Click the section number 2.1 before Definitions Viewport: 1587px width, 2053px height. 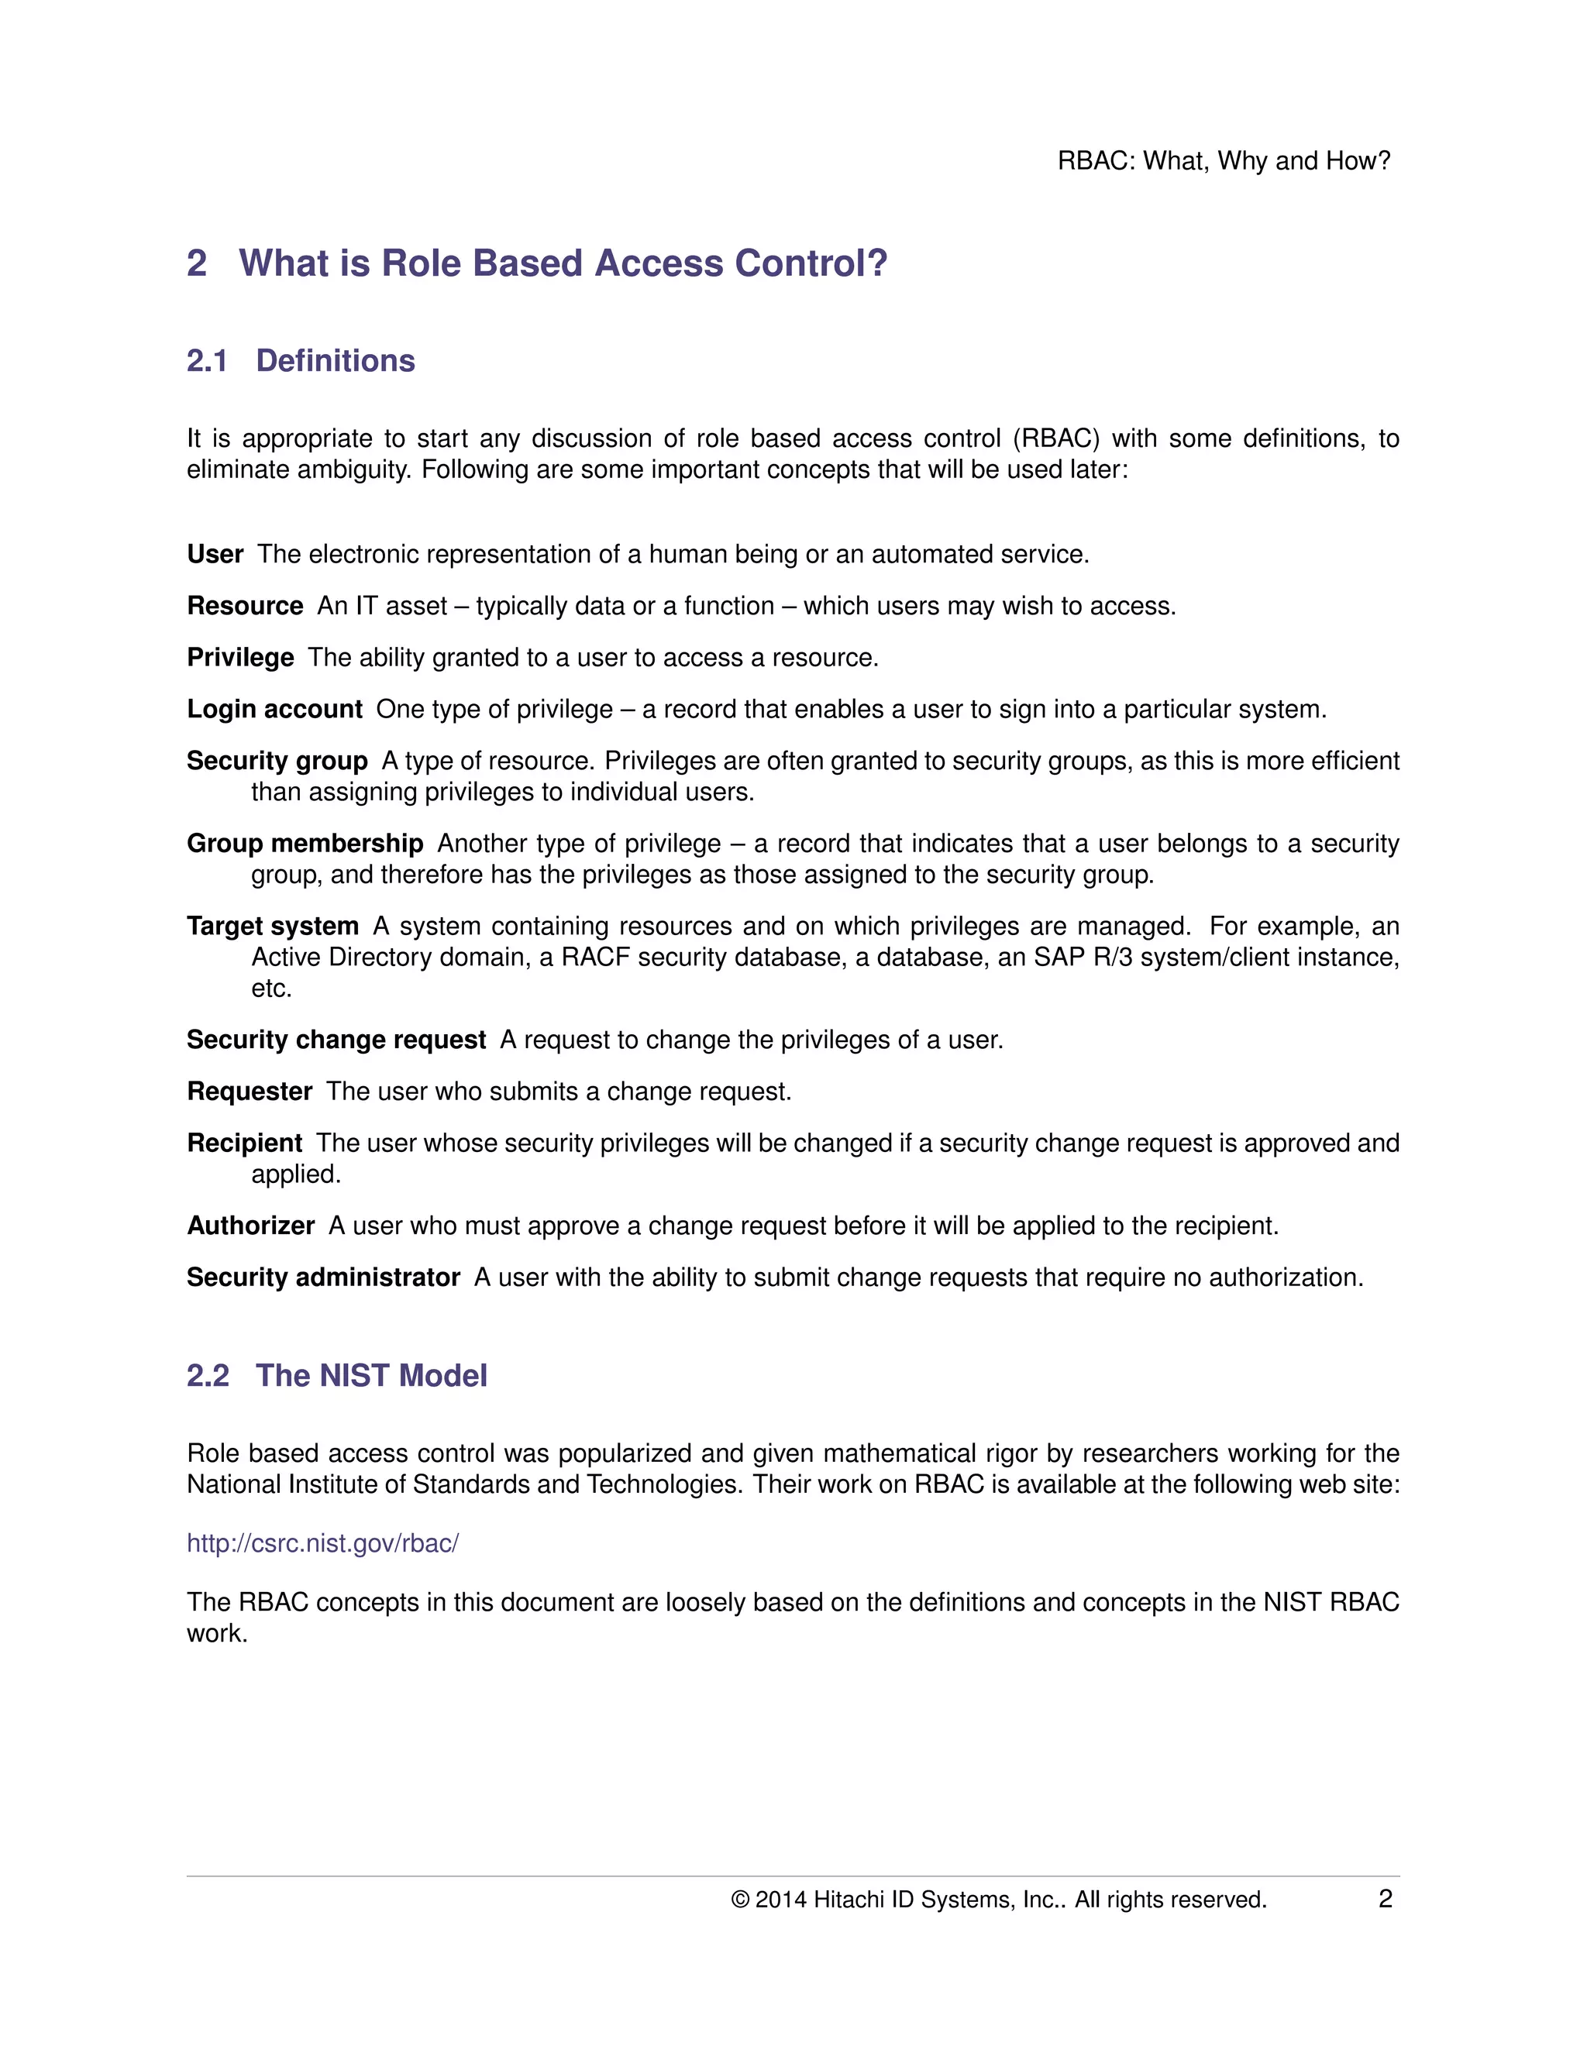pos(207,361)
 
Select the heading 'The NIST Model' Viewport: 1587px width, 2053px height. pos(371,1375)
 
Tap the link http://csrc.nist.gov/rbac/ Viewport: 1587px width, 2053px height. pos(322,1543)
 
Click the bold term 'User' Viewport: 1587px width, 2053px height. pos(215,555)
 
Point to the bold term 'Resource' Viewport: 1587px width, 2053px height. pos(244,607)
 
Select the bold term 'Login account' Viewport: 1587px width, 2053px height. pos(274,710)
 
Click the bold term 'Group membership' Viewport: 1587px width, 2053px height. pos(305,844)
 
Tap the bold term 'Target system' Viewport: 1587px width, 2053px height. pos(273,927)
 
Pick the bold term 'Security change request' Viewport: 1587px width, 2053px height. pos(336,1040)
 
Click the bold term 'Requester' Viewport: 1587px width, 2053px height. pos(250,1092)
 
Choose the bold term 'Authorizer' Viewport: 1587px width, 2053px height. pos(250,1226)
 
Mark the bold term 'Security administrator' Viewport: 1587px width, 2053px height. pos(322,1278)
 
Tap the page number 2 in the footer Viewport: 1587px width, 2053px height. pos(1385,1899)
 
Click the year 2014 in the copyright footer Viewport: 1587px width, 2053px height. pos(780,1900)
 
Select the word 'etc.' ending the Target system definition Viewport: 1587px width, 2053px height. pos(272,989)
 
